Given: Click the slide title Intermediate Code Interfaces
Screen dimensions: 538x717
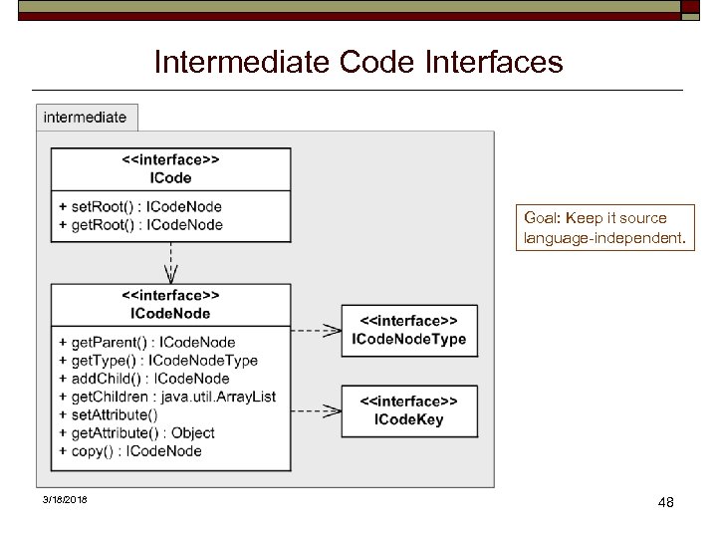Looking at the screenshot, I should [358, 63].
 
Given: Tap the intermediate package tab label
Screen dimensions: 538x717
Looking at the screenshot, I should [85, 118].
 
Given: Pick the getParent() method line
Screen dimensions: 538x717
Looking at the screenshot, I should [147, 343].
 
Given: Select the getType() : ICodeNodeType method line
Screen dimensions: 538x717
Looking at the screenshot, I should [158, 361].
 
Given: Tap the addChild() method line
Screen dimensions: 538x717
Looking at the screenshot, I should [144, 379].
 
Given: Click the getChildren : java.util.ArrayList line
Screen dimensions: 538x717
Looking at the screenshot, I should [167, 397].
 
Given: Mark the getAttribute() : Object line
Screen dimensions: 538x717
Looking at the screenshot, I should [136, 432].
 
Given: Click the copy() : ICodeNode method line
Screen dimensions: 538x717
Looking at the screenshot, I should [130, 450].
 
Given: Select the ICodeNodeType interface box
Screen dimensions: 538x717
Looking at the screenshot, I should [408, 331].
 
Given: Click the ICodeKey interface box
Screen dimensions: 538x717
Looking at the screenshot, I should [408, 410].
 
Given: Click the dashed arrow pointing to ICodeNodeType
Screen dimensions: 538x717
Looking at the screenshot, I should [317, 331].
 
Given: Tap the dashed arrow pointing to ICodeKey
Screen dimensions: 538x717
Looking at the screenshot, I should [317, 409].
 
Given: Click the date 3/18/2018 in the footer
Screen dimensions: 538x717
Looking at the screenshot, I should [65, 499].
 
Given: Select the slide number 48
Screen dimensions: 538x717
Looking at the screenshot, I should [666, 502].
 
